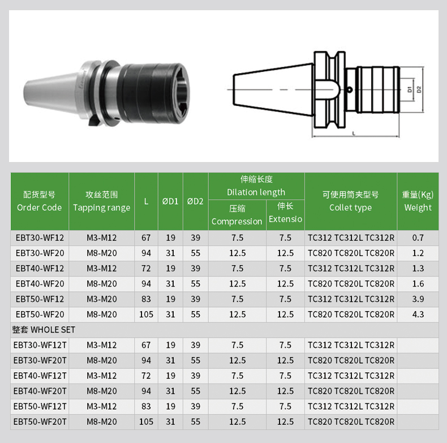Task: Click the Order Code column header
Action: [x=40, y=201]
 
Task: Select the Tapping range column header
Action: [x=101, y=201]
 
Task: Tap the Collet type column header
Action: [x=350, y=201]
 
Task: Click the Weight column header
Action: [x=418, y=201]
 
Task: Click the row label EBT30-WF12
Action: [x=40, y=238]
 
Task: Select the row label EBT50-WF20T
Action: [x=40, y=421]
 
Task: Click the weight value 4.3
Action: [x=418, y=314]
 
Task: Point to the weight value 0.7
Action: [x=418, y=238]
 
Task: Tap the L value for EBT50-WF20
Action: [x=146, y=314]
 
